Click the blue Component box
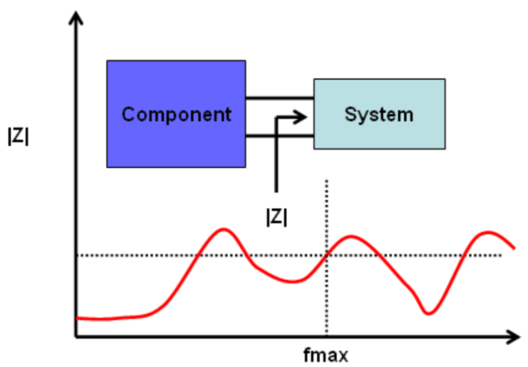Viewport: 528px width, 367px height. (176, 114)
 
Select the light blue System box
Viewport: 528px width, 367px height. (379, 114)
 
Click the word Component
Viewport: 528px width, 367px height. (176, 115)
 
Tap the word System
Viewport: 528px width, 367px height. (379, 115)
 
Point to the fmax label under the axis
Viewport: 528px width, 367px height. (325, 356)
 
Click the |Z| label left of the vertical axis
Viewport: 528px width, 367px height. (18, 137)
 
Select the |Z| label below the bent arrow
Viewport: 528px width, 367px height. (277, 217)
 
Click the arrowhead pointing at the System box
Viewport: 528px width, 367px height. (301, 117)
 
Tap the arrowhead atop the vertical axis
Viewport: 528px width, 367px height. (76, 17)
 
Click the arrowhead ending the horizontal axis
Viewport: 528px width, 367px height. (512, 337)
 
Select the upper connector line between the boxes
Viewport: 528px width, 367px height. (280, 98)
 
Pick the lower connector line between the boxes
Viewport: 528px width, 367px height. (280, 136)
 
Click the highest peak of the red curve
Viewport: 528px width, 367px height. (224, 229)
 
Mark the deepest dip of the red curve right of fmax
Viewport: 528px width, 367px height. (428, 314)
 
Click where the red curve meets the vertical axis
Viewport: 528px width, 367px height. (77, 317)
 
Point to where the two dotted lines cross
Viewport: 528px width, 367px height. (326, 255)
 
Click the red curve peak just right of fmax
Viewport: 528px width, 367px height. (351, 237)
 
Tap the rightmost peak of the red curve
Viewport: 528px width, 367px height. (489, 232)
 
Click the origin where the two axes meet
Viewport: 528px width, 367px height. (76, 337)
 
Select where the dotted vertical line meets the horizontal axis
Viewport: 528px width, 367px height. (326, 336)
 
